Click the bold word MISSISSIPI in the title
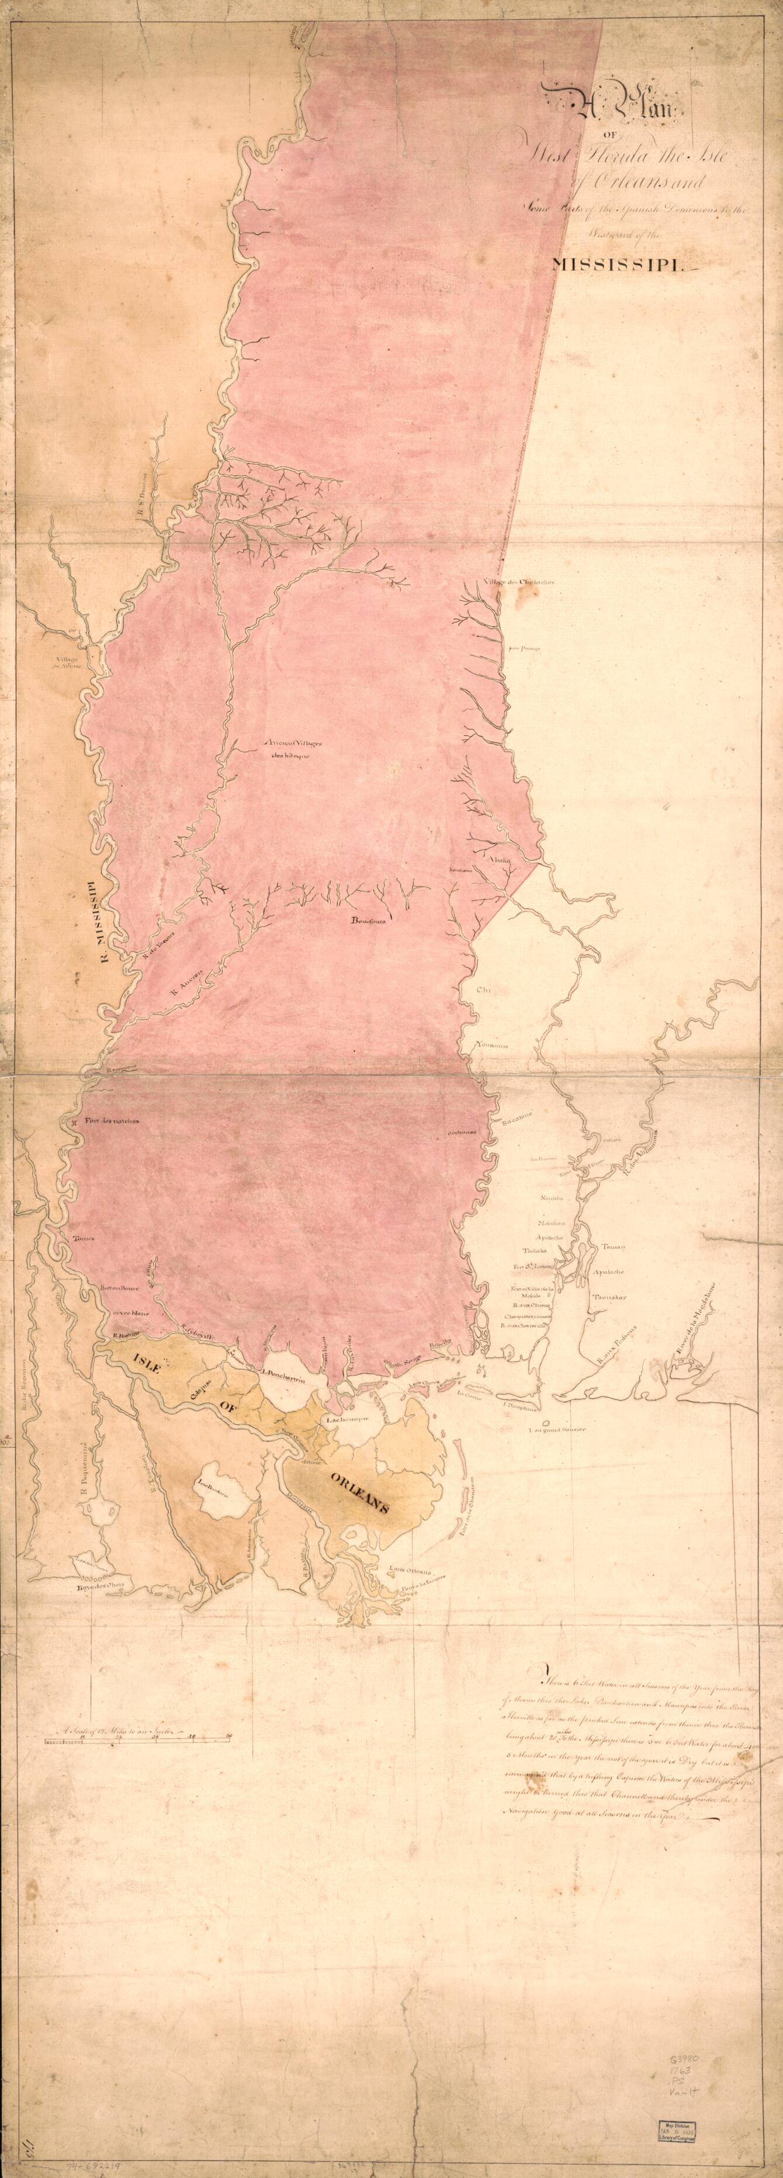(x=620, y=265)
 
